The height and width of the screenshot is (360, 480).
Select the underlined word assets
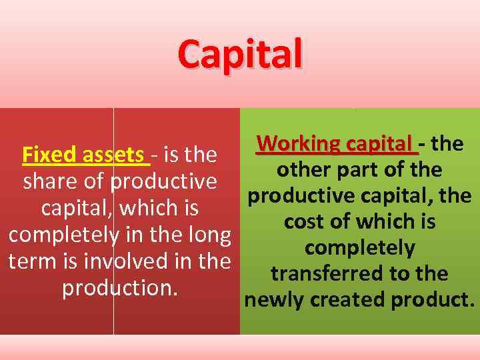[116, 155]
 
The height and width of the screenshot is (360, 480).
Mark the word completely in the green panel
[360, 247]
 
